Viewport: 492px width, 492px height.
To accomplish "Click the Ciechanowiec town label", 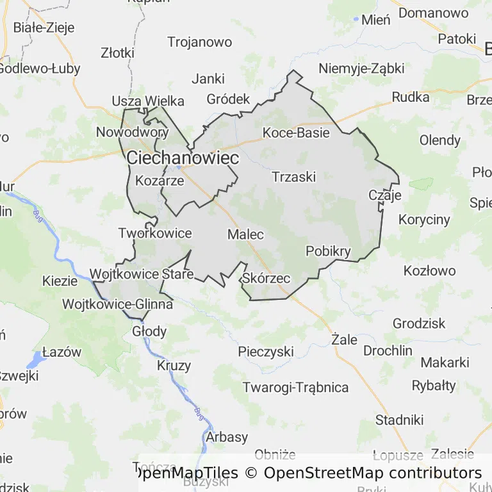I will pyautogui.click(x=183, y=158).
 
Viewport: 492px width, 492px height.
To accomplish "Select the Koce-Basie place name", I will pyautogui.click(x=296, y=133).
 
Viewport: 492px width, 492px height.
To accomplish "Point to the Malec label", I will pyautogui.click(x=245, y=234).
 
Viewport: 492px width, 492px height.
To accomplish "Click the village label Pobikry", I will pyautogui.click(x=329, y=251).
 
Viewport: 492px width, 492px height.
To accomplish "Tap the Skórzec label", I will pyautogui.click(x=267, y=279).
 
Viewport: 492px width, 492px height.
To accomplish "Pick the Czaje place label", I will pyautogui.click(x=385, y=195).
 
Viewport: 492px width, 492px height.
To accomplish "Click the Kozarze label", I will pyautogui.click(x=160, y=181).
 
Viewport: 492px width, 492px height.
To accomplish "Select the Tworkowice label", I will pyautogui.click(x=155, y=233).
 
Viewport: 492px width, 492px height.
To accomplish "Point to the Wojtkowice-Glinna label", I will pyautogui.click(x=117, y=304).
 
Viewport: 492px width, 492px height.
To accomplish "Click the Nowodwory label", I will pyautogui.click(x=132, y=133).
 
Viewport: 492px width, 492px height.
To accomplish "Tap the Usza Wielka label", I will pyautogui.click(x=148, y=101).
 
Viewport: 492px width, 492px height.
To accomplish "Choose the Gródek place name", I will pyautogui.click(x=228, y=99).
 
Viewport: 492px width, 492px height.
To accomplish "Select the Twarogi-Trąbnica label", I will pyautogui.click(x=295, y=388).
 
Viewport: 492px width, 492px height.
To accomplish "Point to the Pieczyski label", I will pyautogui.click(x=265, y=352).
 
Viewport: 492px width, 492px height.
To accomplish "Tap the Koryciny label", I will pyautogui.click(x=424, y=220).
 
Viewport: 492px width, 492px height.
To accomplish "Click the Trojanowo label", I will pyautogui.click(x=199, y=42).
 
